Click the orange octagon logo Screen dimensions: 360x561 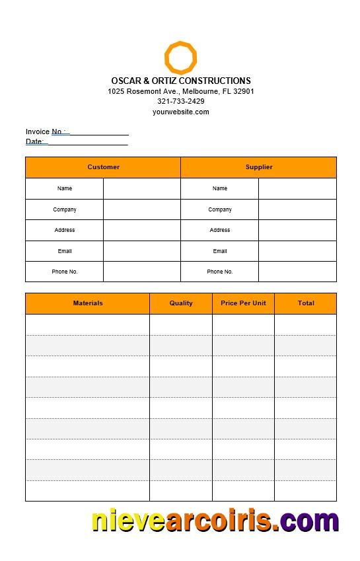click(180, 57)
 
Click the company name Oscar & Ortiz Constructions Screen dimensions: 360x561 click(181, 81)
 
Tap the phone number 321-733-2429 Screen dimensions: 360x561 click(181, 101)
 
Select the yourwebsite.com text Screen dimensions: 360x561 click(181, 112)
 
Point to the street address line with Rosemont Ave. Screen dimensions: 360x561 click(181, 91)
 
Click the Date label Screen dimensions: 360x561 click(34, 141)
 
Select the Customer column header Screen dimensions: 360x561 click(104, 167)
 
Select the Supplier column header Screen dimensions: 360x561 click(259, 167)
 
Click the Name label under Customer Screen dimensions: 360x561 click(65, 188)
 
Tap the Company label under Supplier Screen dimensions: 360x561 click(220, 209)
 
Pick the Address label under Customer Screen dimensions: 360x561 click(65, 230)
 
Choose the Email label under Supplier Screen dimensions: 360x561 click(220, 251)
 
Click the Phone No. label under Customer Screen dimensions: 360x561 click(65, 272)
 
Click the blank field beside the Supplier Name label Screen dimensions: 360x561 click(297, 188)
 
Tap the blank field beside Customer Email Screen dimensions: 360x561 click(142, 251)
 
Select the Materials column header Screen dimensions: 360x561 click(88, 303)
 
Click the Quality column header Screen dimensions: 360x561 click(181, 303)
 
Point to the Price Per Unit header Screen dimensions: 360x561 click(243, 303)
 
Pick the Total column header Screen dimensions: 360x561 click(306, 303)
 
